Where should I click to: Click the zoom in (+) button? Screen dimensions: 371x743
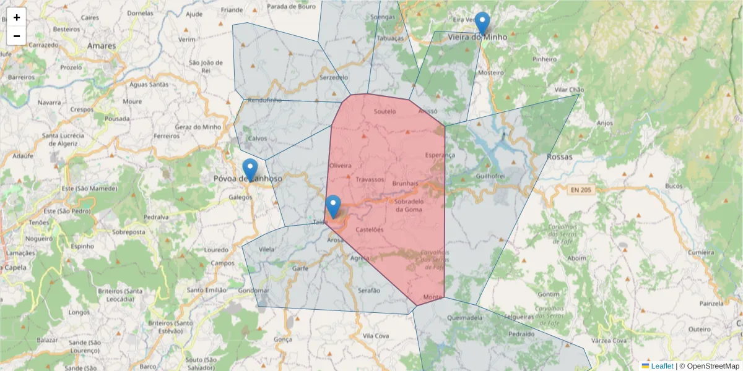point(17,17)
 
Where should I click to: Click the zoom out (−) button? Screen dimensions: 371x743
point(17,36)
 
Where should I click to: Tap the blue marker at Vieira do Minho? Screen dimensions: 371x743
point(482,23)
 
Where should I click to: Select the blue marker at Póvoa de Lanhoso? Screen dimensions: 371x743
point(250,169)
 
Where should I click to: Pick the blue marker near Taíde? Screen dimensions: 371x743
point(333,207)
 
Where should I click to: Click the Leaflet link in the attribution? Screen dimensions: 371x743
point(662,366)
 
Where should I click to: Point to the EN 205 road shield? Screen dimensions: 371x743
point(580,190)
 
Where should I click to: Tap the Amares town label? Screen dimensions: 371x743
point(102,46)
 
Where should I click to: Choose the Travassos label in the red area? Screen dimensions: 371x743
point(370,180)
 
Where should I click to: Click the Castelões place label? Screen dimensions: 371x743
point(370,230)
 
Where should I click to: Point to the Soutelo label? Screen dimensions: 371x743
point(385,111)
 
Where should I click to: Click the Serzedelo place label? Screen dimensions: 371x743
point(334,78)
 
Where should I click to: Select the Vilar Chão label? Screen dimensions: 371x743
point(569,90)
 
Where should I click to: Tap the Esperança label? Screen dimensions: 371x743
point(440,155)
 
